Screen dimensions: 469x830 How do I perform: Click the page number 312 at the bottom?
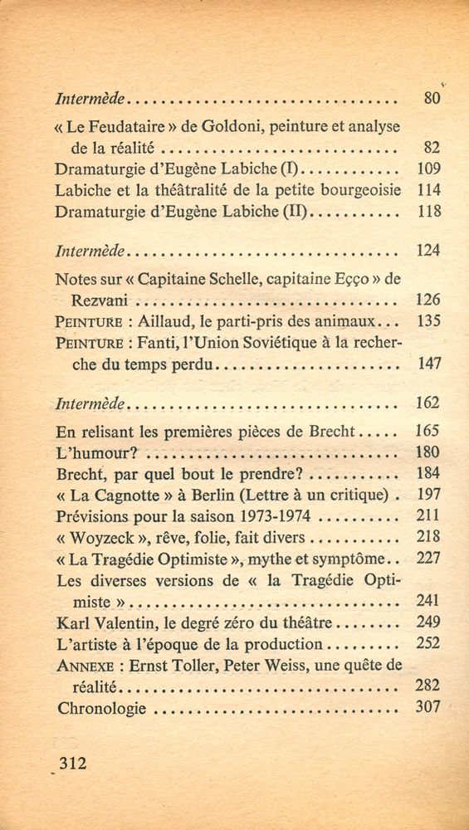coord(73,762)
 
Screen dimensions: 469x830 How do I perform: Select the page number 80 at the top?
coord(430,99)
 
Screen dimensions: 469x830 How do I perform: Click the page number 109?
coord(428,168)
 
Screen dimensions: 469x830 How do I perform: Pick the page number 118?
coord(428,211)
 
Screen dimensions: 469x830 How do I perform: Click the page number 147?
coord(428,363)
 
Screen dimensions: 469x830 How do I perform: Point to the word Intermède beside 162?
coord(91,404)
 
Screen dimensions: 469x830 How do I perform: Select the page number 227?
coord(428,558)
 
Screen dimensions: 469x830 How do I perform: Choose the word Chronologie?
coord(101,708)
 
